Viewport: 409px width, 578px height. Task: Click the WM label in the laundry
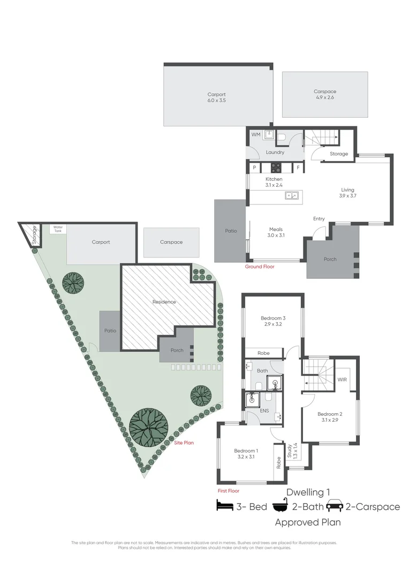[x=256, y=135]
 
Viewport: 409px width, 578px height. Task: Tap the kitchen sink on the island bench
[x=292, y=196]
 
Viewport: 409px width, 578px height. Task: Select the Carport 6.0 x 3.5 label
[x=216, y=97]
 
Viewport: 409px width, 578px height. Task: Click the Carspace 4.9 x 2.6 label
[x=325, y=95]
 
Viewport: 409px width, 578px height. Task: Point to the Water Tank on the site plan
[x=58, y=228]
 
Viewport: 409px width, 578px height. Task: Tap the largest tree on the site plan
[x=148, y=427]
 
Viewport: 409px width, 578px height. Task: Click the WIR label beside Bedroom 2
[x=342, y=379]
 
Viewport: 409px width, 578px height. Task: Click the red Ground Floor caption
[x=260, y=266]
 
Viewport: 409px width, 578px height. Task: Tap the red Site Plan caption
[x=184, y=443]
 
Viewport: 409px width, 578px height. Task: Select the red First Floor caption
[x=228, y=490]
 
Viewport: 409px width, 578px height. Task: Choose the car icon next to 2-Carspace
[x=335, y=506]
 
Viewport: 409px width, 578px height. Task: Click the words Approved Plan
[x=308, y=522]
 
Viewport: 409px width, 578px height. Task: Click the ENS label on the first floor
[x=264, y=411]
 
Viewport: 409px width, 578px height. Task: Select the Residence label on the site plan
[x=164, y=302]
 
